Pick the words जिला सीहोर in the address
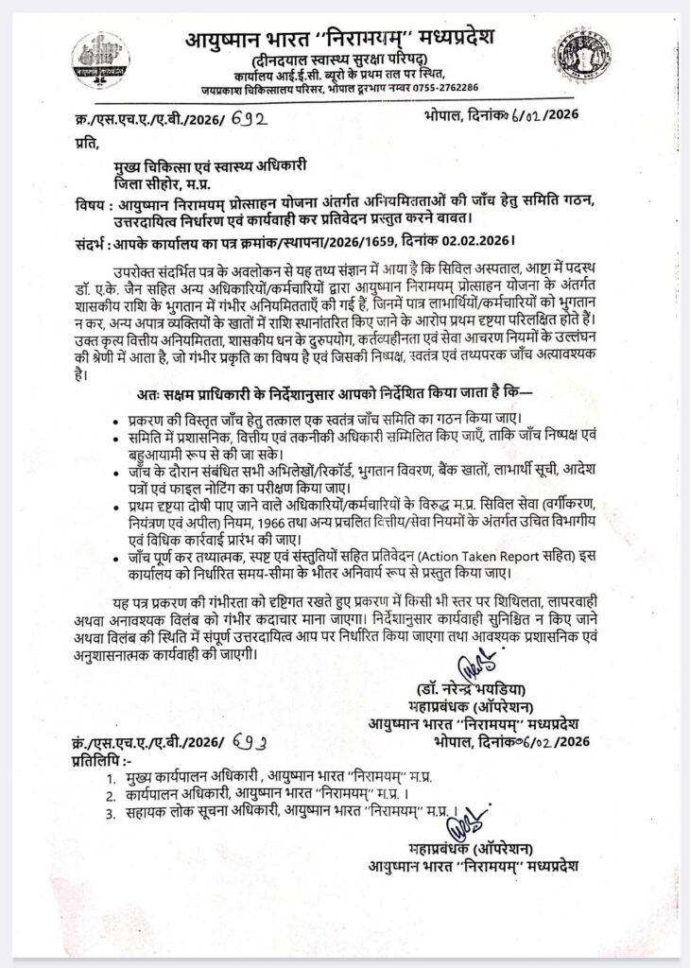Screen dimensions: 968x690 tap(149, 183)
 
